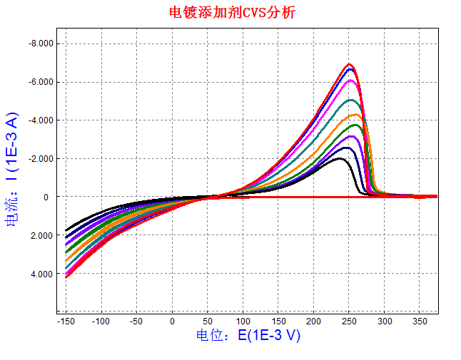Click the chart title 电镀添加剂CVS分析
[x=230, y=12]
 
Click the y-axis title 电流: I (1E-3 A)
[x=12, y=170]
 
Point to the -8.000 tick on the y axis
[x=40, y=43]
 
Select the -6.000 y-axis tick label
[x=40, y=82]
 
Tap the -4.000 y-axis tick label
[x=40, y=120]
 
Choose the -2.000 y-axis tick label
[x=40, y=158]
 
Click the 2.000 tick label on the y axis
[x=41, y=235]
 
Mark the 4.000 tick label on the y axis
[x=41, y=274]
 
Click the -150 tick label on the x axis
[x=66, y=322]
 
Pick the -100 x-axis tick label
[x=101, y=322]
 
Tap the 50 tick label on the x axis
[x=207, y=322]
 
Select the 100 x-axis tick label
[x=243, y=322]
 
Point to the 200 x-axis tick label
[x=313, y=322]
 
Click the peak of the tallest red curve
[x=350, y=64]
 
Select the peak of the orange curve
[x=354, y=115]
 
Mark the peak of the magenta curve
[x=350, y=81]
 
